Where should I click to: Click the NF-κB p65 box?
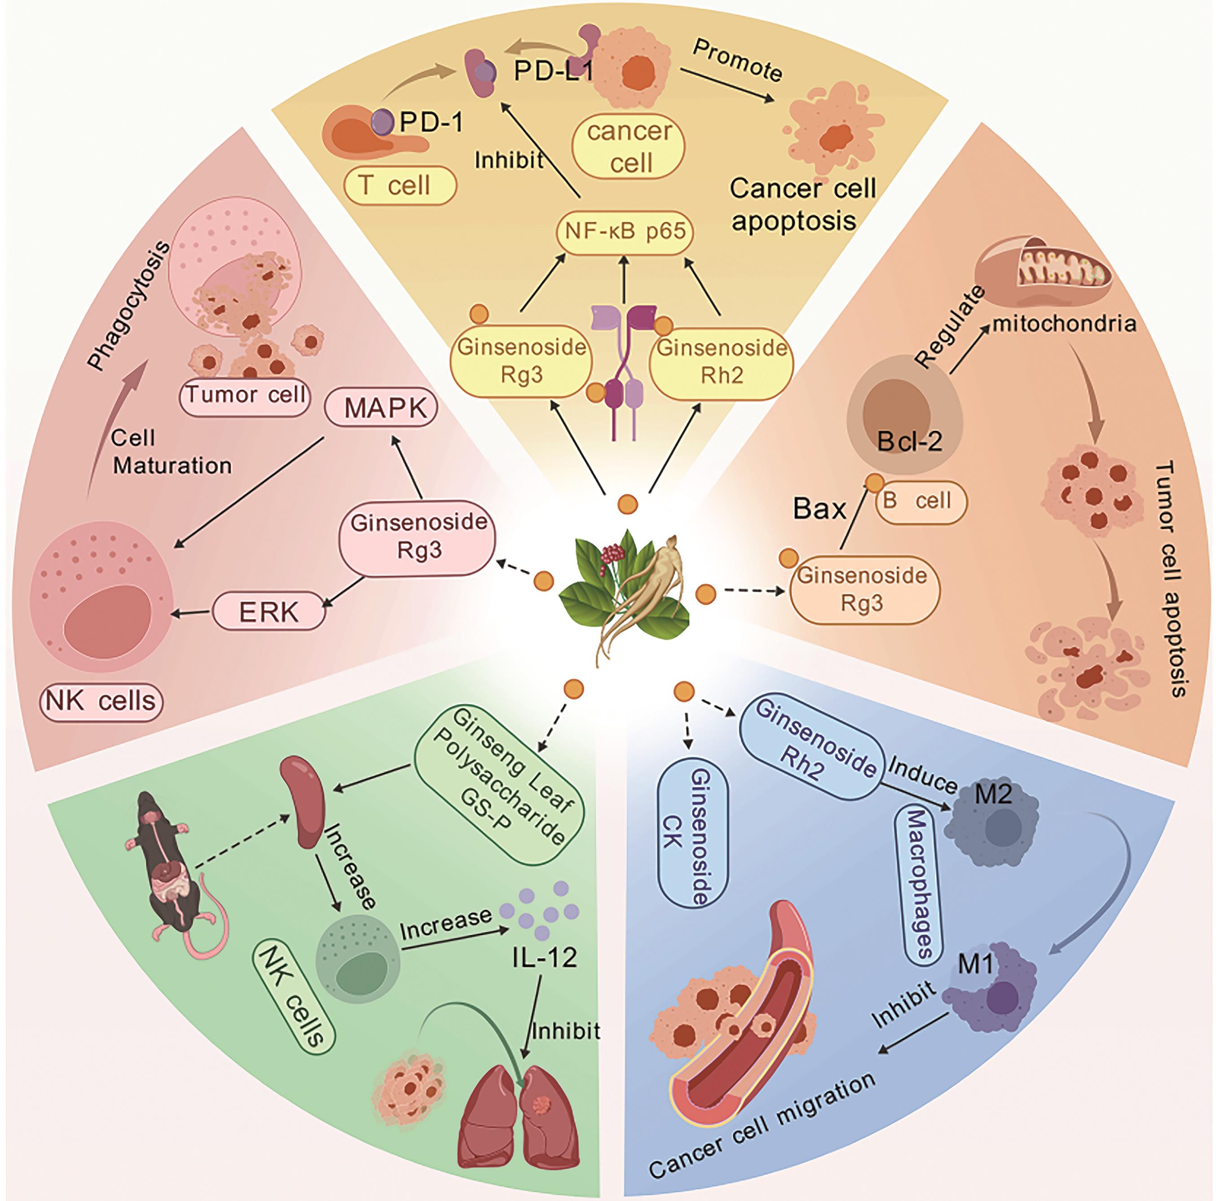coord(625,232)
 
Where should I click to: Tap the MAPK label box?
coord(381,408)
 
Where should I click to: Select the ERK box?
coord(269,611)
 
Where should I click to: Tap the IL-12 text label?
coord(544,958)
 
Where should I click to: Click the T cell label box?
coord(399,185)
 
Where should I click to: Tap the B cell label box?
coord(921,502)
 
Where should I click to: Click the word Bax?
coord(819,508)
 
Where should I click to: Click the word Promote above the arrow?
coord(737,61)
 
